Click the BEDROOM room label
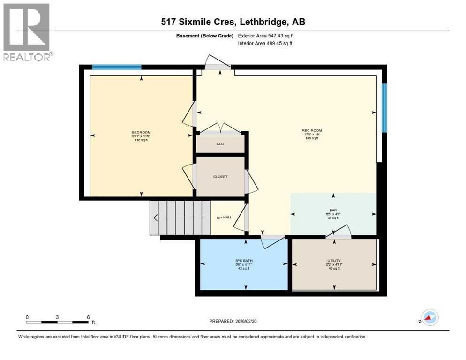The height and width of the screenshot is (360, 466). coord(141,132)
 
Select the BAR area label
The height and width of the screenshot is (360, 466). coord(333,210)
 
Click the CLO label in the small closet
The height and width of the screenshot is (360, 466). coord(220,144)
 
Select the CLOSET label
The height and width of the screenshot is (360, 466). coord(220,177)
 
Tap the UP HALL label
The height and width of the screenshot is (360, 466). coord(224,217)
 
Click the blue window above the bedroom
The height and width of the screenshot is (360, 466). coord(117,67)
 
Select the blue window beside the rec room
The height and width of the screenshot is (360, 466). coord(384,108)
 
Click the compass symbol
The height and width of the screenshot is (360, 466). coord(429,318)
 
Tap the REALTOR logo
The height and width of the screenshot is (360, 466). coord(27,32)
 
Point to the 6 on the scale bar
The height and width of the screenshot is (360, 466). coord(88,317)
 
